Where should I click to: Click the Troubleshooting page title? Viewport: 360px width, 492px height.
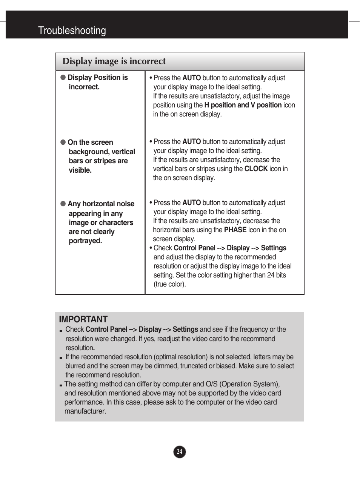pyautogui.click(x=72, y=31)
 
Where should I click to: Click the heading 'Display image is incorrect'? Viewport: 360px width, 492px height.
pyautogui.click(x=114, y=61)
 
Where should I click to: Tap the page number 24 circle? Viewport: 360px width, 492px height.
pyautogui.click(x=180, y=452)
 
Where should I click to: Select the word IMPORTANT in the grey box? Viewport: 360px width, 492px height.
pyautogui.click(x=83, y=319)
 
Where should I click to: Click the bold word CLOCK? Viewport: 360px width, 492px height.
pyautogui.click(x=256, y=169)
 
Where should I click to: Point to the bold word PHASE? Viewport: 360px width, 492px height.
pyautogui.click(x=235, y=230)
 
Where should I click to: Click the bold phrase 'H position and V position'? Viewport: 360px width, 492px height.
pyautogui.click(x=243, y=105)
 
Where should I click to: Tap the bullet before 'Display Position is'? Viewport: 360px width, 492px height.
pyautogui.click(x=63, y=77)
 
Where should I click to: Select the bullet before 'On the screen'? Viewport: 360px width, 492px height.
pyautogui.click(x=63, y=142)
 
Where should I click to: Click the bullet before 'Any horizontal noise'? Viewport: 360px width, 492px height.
pyautogui.click(x=63, y=204)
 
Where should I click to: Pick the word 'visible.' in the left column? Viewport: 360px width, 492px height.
pyautogui.click(x=80, y=170)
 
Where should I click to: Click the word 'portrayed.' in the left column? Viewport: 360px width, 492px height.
pyautogui.click(x=85, y=241)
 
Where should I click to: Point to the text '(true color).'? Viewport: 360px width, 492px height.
pyautogui.click(x=170, y=284)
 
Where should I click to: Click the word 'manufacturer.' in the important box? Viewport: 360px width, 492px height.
pyautogui.click(x=85, y=411)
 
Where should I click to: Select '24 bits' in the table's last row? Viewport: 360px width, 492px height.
pyautogui.click(x=276, y=275)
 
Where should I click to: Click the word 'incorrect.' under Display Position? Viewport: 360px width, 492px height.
pyautogui.click(x=84, y=87)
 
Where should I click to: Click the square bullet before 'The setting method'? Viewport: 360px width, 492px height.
pyautogui.click(x=60, y=385)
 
